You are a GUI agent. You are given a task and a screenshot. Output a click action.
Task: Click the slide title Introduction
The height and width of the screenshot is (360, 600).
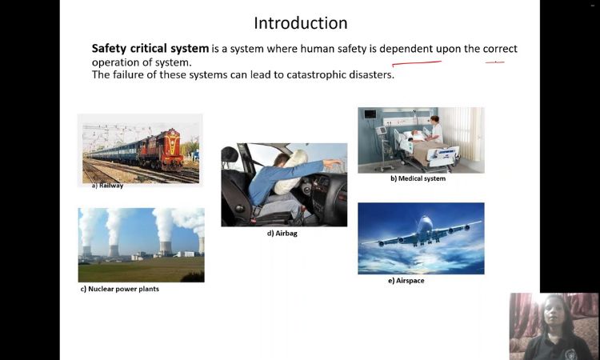pos(301,23)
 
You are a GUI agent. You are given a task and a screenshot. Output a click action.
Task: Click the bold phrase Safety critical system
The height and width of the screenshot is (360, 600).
pos(150,49)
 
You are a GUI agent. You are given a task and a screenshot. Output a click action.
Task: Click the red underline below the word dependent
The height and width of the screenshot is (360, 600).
pos(417,63)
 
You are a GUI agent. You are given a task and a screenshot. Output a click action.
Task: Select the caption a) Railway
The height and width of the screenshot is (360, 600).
pos(107,186)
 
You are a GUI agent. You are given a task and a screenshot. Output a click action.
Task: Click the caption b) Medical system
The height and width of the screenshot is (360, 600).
pos(418,178)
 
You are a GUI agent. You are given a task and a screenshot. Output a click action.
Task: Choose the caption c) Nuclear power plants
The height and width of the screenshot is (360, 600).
pos(120,289)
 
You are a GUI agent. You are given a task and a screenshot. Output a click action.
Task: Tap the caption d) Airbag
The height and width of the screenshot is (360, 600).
pos(282,234)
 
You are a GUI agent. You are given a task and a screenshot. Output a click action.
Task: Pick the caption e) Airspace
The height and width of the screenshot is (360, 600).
pos(406,281)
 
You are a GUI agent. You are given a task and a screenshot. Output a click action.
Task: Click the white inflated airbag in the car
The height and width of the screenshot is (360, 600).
pos(291,172)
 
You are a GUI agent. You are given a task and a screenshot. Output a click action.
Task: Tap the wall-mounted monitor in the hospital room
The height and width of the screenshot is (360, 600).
pos(370,114)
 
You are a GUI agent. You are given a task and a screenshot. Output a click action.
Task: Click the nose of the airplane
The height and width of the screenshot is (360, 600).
pos(424,219)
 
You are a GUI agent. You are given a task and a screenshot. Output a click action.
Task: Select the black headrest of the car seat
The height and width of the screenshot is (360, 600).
pos(230,154)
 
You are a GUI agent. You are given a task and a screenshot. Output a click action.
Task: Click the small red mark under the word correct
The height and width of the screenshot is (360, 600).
pos(494,62)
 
